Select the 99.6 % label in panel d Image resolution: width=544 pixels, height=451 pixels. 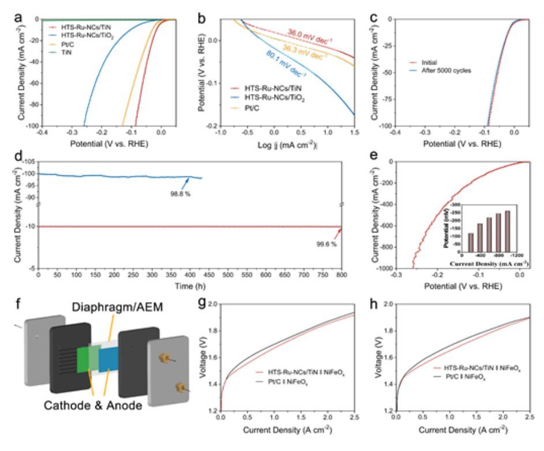point(326,245)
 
